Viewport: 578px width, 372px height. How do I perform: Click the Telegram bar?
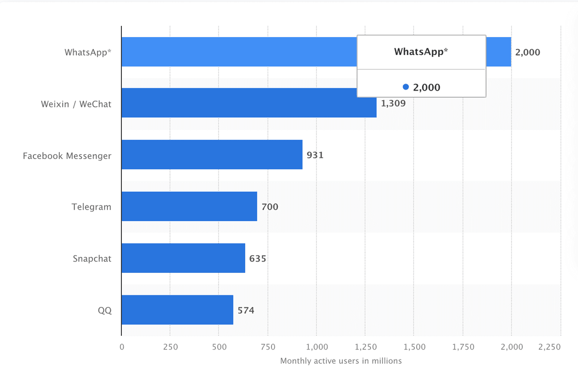tap(189, 206)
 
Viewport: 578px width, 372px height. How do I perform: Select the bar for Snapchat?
tap(183, 258)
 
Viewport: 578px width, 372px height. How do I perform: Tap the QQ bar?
tap(177, 310)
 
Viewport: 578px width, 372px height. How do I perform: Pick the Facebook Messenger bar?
tap(212, 155)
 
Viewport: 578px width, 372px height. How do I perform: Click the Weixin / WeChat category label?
tap(76, 104)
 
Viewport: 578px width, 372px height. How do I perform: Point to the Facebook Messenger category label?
tap(67, 156)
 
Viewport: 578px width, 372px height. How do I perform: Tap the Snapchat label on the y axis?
tap(92, 259)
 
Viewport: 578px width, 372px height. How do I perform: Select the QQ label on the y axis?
tap(105, 310)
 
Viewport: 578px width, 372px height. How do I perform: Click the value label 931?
tap(315, 155)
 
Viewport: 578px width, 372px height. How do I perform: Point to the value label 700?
tap(270, 207)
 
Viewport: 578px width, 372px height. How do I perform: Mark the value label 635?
tap(258, 259)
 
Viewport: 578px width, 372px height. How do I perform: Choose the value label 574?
tap(246, 310)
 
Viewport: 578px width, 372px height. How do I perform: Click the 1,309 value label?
tap(393, 103)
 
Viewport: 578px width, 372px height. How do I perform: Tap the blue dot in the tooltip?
tap(406, 87)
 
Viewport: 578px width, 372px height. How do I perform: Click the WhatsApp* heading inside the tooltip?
tap(421, 52)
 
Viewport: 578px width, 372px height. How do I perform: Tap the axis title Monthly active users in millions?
tap(341, 360)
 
